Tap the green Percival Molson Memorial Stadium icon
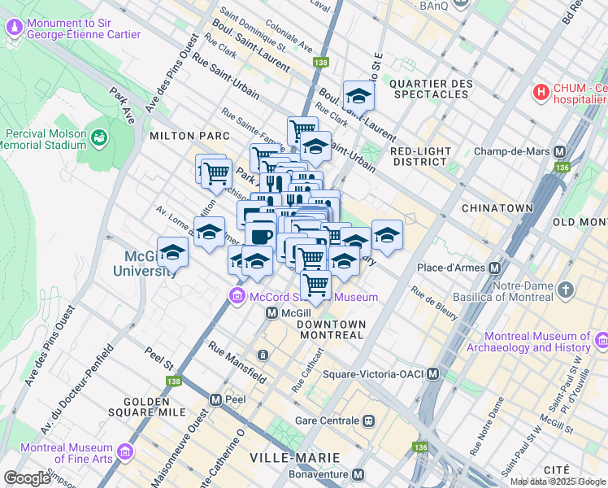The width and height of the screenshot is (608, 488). pos(99,139)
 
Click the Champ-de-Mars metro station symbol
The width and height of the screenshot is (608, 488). pos(559,151)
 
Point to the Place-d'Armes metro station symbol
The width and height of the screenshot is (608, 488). pos(495,268)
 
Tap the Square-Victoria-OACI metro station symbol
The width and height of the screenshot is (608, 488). pos(433,374)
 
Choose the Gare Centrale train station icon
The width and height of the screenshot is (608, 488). pos(368,420)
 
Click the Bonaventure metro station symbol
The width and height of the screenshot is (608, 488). pos(368,473)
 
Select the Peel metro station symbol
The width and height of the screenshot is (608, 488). pos(215,400)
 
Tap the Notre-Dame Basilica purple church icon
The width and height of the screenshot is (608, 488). pos(567,290)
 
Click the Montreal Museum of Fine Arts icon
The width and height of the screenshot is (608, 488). pos(125,451)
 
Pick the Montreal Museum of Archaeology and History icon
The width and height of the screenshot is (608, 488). pos(601,339)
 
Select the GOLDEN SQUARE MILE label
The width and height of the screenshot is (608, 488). pos(163,402)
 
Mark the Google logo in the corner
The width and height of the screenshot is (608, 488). pos(28,478)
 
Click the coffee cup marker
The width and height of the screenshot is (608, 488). pos(260,235)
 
